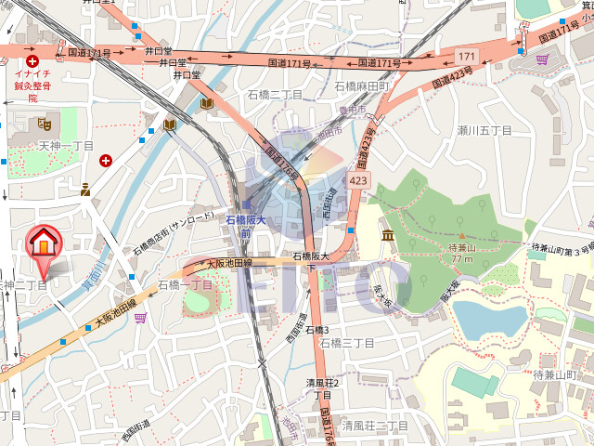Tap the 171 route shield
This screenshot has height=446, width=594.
(466, 58)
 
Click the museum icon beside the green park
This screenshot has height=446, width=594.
(387, 234)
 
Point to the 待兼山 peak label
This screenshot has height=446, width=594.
(461, 248)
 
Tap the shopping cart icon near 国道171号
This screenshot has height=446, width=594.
(542, 59)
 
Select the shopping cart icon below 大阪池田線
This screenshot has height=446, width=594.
(140, 318)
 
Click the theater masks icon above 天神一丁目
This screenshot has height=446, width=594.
(44, 123)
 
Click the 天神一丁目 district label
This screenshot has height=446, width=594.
(66, 147)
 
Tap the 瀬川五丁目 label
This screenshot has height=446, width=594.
(484, 130)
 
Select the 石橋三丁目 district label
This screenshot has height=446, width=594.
(346, 343)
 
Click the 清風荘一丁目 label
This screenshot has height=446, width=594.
(375, 426)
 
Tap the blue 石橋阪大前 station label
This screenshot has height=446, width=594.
(246, 227)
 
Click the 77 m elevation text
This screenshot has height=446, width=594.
(461, 259)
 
